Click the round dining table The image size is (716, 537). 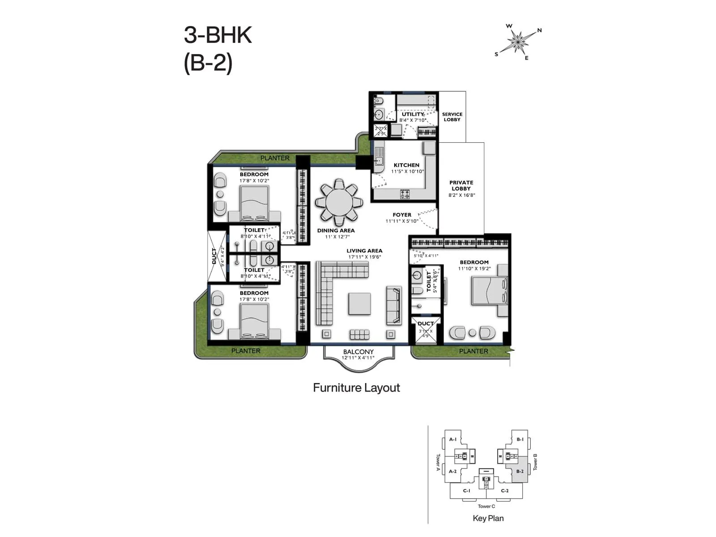click(x=338, y=203)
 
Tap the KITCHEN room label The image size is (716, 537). click(x=406, y=165)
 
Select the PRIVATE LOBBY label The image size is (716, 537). click(x=461, y=185)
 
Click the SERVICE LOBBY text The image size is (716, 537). click(x=452, y=117)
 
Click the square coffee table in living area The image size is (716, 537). click(x=359, y=304)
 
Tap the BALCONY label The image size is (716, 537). click(x=358, y=352)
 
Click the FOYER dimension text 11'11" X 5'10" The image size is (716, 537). click(x=402, y=221)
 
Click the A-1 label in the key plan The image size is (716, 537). click(x=453, y=439)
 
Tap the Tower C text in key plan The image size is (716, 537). click(x=486, y=506)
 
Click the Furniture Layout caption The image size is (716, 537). click(x=356, y=388)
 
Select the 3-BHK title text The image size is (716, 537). click(x=218, y=35)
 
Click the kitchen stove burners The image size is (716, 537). click(x=405, y=194)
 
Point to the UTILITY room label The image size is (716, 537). click(x=412, y=114)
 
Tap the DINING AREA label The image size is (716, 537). click(x=336, y=230)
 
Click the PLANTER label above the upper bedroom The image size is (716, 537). click(x=275, y=158)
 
